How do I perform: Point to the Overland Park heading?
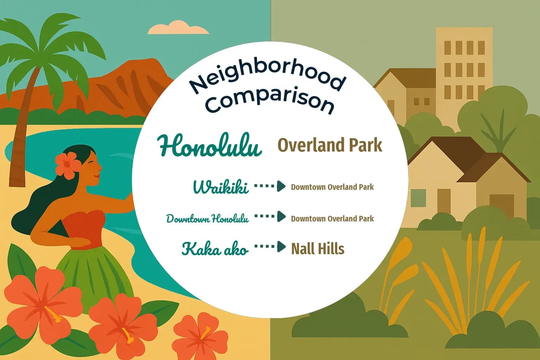click(x=330, y=145)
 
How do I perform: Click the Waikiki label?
click(x=221, y=187)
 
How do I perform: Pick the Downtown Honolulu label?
click(x=207, y=219)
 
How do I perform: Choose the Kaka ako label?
click(x=215, y=249)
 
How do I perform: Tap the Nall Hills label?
click(x=318, y=249)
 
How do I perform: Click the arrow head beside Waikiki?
click(x=281, y=186)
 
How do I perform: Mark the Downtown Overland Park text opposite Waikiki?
click(x=332, y=187)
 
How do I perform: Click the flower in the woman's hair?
click(x=67, y=165)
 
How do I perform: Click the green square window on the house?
click(x=418, y=198)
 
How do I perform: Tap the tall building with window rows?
click(x=464, y=70)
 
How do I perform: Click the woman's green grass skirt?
click(x=91, y=274)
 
